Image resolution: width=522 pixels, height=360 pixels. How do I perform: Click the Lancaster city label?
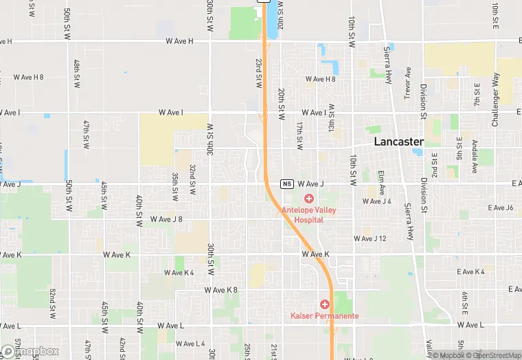(x=398, y=142)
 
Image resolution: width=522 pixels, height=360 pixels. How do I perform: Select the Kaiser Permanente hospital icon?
(x=324, y=304)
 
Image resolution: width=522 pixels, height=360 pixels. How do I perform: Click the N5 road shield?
(x=287, y=184)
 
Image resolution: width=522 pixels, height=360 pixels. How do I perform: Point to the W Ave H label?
(x=180, y=41)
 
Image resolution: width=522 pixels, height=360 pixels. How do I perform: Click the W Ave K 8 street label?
(x=220, y=290)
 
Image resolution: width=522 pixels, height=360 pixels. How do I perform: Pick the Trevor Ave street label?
(x=407, y=82)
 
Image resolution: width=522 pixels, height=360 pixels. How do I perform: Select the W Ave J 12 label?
(x=370, y=238)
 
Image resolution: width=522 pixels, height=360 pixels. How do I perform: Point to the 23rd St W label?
(x=259, y=71)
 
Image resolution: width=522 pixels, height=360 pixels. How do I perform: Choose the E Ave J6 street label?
(x=500, y=207)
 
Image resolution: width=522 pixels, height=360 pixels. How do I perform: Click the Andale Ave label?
(x=475, y=157)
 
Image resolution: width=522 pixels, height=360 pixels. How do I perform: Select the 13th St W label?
(x=331, y=118)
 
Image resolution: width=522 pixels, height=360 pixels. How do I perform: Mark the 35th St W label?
(x=175, y=186)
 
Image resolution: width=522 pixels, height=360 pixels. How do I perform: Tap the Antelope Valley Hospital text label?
(x=308, y=215)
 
